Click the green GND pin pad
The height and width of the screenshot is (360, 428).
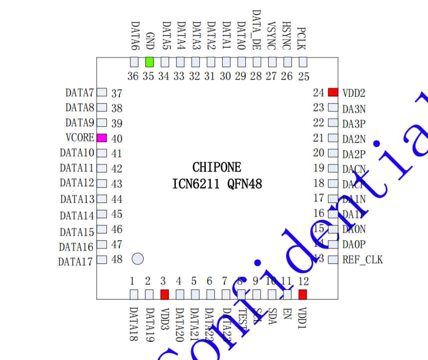pos(149,62)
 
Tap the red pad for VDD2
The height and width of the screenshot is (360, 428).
pos(333,92)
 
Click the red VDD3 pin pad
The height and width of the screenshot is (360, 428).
pos(164,294)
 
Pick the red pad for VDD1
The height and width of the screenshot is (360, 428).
pos(303,294)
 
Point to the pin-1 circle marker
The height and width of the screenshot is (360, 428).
pos(138,258)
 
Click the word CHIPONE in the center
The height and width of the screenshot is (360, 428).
pos(217,167)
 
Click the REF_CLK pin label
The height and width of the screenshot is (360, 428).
pos(363,260)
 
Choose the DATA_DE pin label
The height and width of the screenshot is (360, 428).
pos(256,29)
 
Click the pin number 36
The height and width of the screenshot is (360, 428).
pos(133,76)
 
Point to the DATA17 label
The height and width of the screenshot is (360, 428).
pos(75,261)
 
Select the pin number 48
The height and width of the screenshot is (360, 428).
pos(117,259)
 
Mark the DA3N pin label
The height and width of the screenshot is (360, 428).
pos(354,108)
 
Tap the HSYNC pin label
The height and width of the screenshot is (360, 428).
pos(286,35)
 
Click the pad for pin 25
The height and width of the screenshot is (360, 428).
pos(303,62)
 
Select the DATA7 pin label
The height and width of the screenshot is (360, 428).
pos(79,93)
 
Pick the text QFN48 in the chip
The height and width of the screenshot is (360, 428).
pos(245,184)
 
